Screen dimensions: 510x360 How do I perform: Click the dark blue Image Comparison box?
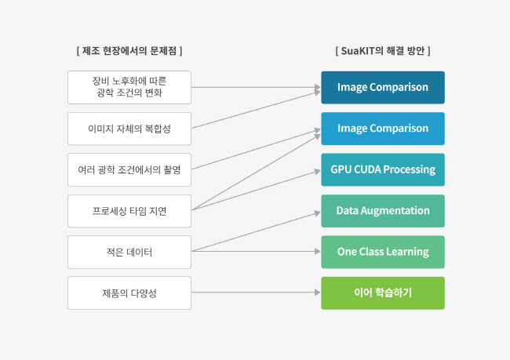click(x=383, y=88)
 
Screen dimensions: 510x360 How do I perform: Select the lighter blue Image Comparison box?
click(x=383, y=129)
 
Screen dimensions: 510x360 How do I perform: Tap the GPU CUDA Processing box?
click(x=383, y=169)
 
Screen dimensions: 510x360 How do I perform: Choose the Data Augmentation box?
click(x=383, y=211)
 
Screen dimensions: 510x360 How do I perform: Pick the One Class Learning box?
click(x=383, y=252)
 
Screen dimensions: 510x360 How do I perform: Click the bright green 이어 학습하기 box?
click(x=383, y=293)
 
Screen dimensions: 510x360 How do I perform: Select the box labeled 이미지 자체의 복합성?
click(x=129, y=129)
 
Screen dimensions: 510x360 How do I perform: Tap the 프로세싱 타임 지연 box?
click(x=129, y=211)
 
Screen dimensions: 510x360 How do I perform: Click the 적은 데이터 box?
click(x=129, y=252)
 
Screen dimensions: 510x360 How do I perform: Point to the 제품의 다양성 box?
click(x=129, y=293)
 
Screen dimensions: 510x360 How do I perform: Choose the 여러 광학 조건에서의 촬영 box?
click(x=129, y=169)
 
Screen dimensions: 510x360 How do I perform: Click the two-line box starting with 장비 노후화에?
click(x=129, y=88)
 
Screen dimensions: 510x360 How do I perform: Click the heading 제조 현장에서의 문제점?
click(x=129, y=51)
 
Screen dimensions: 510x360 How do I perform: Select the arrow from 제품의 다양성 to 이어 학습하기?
click(x=256, y=293)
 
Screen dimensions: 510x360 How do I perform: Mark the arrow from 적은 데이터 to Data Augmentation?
click(x=256, y=232)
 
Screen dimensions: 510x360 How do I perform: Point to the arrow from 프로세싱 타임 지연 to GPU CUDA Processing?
click(x=256, y=191)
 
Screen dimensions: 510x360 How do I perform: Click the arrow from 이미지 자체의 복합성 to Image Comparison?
click(x=256, y=111)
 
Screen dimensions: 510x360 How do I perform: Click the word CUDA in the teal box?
click(x=367, y=169)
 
